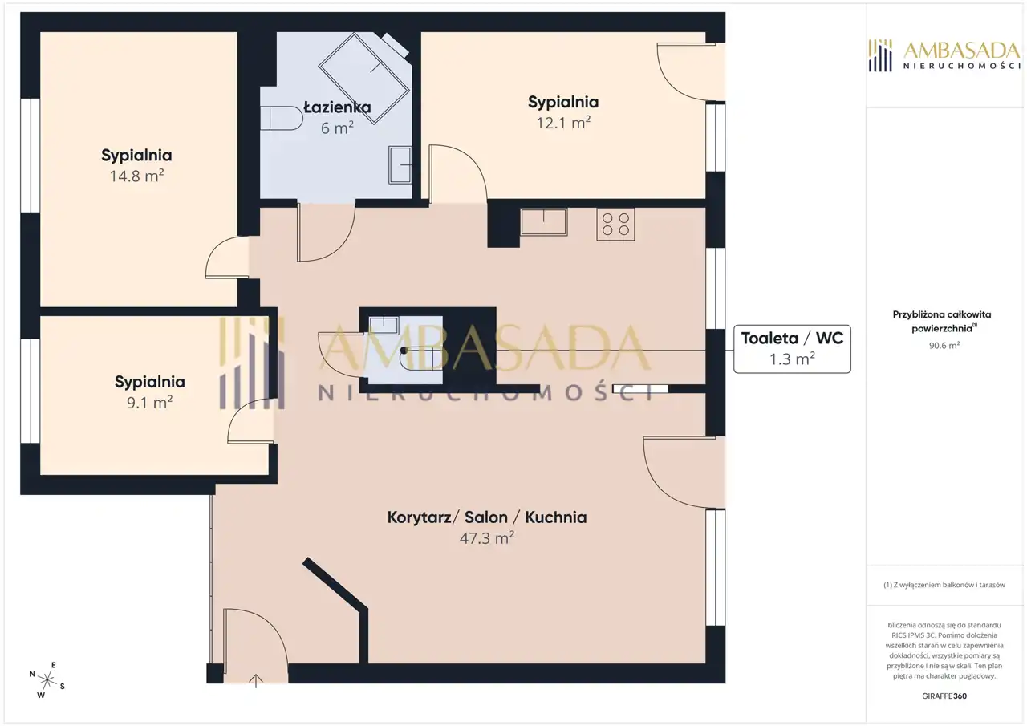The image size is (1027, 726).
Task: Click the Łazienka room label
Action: point(338,107)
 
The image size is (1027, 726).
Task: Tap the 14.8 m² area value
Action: point(136,176)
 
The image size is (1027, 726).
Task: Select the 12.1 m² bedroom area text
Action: point(563,123)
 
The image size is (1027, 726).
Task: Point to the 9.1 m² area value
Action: point(149,403)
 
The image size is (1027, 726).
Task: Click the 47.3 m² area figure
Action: point(487,538)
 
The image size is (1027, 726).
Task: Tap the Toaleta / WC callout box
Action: point(792,349)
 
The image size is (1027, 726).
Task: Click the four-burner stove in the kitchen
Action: point(615,224)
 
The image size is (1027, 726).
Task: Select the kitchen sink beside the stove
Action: point(544,222)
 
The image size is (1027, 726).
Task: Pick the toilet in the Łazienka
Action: point(282,118)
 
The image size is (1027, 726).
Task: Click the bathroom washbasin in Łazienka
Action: point(400,164)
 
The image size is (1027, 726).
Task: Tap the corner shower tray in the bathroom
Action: point(364,78)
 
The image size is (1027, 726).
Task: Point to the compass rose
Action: point(47,680)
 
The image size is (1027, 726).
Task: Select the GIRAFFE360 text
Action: point(944,696)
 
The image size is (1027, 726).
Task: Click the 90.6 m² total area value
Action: point(944,346)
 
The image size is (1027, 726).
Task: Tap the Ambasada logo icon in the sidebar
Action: point(880,55)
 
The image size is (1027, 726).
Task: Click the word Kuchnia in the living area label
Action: point(556,517)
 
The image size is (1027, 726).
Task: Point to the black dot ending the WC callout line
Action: point(404,351)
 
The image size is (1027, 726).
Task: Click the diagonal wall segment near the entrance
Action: point(335,584)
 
